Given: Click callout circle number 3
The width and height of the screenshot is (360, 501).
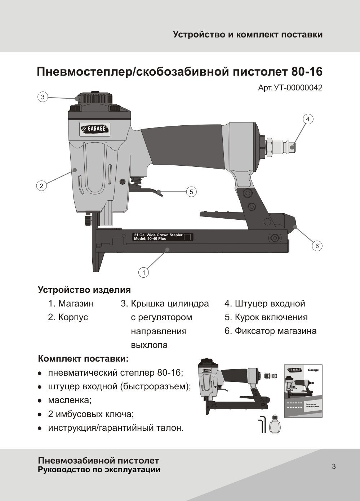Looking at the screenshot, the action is tap(43, 97).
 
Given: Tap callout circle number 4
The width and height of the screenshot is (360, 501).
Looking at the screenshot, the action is tap(308, 119).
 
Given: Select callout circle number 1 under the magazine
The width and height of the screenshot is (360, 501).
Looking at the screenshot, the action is tap(144, 273).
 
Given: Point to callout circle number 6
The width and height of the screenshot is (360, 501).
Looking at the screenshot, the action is tap(317, 246).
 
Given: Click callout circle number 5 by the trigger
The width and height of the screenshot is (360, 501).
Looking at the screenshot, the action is tap(191, 192).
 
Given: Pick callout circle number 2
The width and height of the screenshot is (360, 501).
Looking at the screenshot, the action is tap(41, 186).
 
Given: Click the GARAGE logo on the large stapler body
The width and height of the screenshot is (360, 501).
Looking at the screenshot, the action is tap(95, 129).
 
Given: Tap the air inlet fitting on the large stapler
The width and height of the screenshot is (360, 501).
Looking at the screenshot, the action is tap(281, 147).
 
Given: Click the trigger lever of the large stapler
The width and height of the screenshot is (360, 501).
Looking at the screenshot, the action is tap(151, 191).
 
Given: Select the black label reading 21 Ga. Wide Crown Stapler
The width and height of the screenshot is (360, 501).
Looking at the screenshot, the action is tap(163, 237).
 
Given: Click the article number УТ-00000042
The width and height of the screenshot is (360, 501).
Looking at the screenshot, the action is tap(290, 88).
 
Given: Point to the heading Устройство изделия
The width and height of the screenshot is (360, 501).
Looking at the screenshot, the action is tap(84, 290).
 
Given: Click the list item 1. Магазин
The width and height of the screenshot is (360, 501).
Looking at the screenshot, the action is tap(71, 304).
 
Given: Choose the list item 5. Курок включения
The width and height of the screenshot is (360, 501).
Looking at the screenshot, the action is tap(266, 317).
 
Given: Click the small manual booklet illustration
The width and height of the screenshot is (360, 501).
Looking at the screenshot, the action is tap(303, 391).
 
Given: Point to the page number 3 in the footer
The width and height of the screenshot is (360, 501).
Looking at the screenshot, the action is tap(334, 467).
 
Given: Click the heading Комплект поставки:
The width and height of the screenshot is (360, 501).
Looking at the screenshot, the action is tap(83, 359).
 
